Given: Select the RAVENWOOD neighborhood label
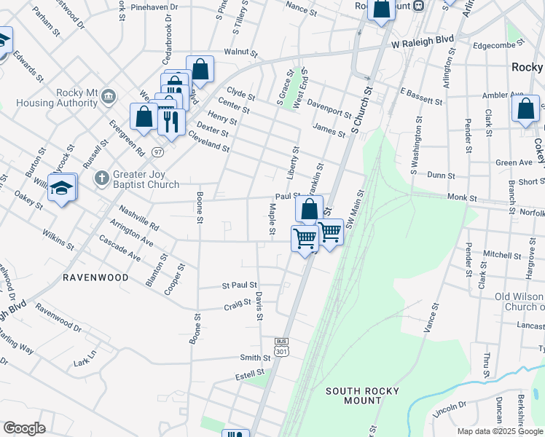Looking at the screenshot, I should pyautogui.click(x=95, y=277).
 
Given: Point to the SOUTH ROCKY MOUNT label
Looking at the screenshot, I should pyautogui.click(x=362, y=397).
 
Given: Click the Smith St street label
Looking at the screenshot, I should pyautogui.click(x=255, y=358).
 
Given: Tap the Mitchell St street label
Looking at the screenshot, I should pyautogui.click(x=498, y=255).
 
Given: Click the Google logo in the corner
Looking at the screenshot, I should pyautogui.click(x=24, y=428).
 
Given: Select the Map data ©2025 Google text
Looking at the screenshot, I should pyautogui.click(x=500, y=431).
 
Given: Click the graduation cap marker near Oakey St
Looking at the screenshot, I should pyautogui.click(x=63, y=189).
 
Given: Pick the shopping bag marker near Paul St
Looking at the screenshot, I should pyautogui.click(x=309, y=209).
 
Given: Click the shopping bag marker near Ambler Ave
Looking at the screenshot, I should pyautogui.click(x=525, y=109).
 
